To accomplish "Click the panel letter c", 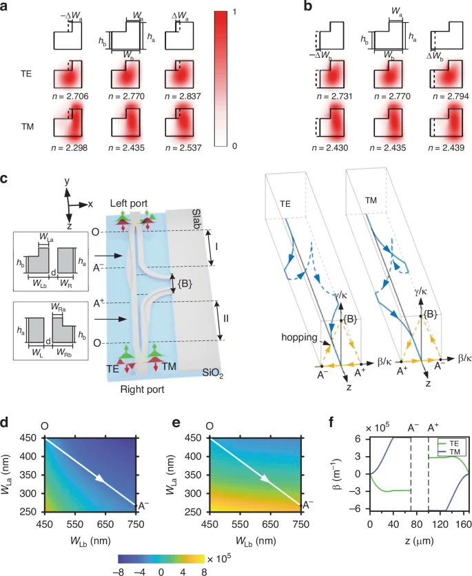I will pos(5,178).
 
